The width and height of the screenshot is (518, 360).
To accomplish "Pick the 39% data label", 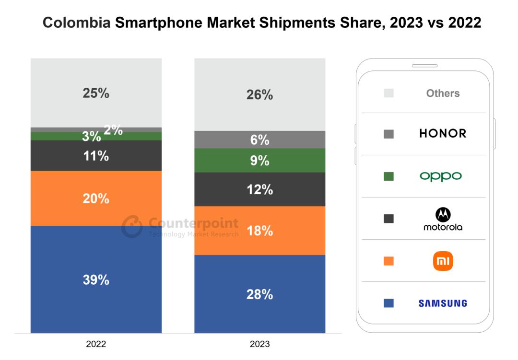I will coord(96,280).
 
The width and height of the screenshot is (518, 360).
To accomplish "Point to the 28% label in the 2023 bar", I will coord(259,294).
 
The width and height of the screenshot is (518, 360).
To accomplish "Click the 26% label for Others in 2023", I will coord(259,95).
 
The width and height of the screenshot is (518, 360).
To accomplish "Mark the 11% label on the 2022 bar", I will coord(96,156).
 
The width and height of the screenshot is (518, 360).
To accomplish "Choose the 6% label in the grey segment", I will coord(259,140).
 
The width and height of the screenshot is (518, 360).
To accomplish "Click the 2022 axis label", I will coord(96,344).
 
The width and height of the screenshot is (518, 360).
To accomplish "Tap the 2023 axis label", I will coord(259,344).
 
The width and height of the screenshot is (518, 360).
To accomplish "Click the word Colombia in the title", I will coord(76,23).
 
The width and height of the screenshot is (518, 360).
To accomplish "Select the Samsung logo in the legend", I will coord(443,303).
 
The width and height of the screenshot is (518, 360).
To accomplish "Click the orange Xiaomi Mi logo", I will coord(443,261).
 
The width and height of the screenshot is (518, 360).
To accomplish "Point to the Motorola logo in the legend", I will coord(443,219).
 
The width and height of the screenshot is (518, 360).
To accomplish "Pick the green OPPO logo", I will coord(441,176).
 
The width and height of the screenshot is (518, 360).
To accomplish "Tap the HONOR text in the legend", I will coord(443,134).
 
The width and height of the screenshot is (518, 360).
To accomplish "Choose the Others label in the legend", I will coord(443,93).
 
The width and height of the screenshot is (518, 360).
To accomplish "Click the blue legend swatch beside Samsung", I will coord(388,303).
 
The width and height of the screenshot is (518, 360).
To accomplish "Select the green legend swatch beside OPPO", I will coord(388,176).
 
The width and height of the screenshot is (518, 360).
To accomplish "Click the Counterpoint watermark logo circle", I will coord(132,227).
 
